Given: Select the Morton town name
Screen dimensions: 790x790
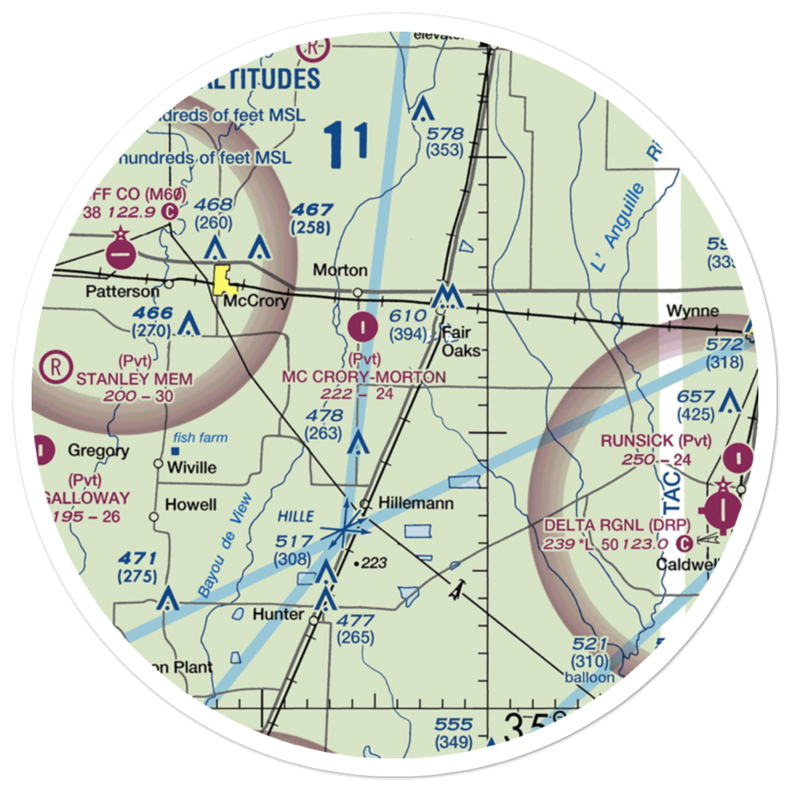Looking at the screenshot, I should (x=340, y=270).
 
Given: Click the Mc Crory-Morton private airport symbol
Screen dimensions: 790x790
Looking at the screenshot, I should (x=362, y=325).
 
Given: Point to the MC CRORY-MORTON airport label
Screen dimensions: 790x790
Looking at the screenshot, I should (x=363, y=377).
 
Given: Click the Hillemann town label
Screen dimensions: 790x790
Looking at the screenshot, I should (x=416, y=503).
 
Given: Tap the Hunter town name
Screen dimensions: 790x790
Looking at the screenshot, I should (x=277, y=614).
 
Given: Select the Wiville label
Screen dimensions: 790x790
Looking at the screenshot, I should (x=192, y=467).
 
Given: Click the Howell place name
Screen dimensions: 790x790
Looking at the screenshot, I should (x=191, y=505).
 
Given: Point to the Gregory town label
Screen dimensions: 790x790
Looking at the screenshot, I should (x=98, y=451).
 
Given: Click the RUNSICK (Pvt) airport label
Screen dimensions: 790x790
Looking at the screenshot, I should (x=656, y=441).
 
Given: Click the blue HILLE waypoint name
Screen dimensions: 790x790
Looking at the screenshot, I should (x=295, y=515).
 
